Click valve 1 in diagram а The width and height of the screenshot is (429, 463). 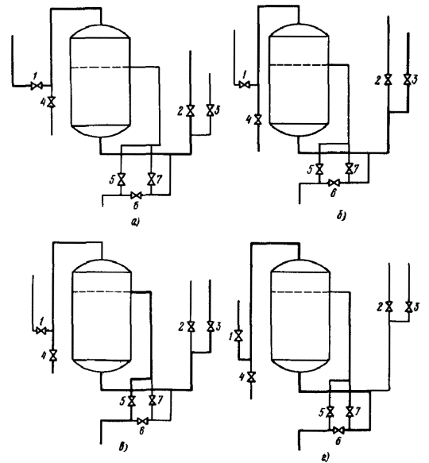[x=37, y=86]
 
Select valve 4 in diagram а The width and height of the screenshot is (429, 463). [x=52, y=102]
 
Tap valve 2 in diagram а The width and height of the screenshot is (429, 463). [x=191, y=110]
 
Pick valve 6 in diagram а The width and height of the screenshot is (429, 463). [x=136, y=195]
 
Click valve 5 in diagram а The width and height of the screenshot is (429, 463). [x=121, y=179]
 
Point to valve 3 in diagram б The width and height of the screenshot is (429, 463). [x=408, y=79]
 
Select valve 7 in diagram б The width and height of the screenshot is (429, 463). [x=349, y=168]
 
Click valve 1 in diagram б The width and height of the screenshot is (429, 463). [x=245, y=85]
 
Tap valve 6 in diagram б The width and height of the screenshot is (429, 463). [x=334, y=183]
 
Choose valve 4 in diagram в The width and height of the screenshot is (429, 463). [x=53, y=355]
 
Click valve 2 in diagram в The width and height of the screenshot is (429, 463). [x=191, y=326]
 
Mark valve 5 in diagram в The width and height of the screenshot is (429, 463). [x=131, y=401]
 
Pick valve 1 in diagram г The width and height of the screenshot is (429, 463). [x=238, y=335]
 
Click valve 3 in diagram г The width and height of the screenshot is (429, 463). [x=409, y=307]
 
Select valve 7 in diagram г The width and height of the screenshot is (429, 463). [x=350, y=411]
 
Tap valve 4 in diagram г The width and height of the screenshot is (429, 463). [x=251, y=376]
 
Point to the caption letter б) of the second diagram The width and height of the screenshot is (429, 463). [x=342, y=216]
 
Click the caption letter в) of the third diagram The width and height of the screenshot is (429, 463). [x=123, y=447]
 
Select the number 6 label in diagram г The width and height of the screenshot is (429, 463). [x=338, y=441]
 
